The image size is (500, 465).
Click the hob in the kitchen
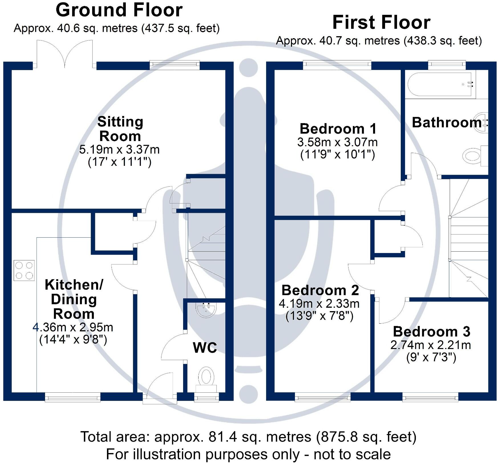click(24, 270)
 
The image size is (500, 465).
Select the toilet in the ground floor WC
click(207, 378)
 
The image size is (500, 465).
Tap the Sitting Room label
click(120, 129)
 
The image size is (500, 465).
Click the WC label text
click(205, 347)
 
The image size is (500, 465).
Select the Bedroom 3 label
click(431, 331)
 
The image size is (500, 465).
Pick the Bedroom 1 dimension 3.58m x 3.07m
click(337, 142)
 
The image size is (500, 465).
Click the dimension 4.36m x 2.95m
click(73, 327)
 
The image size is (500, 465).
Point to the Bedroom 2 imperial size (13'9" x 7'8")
click(319, 316)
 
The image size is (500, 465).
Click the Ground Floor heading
click(119, 10)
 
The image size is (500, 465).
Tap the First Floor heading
click(381, 23)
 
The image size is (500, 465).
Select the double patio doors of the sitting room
click(65, 54)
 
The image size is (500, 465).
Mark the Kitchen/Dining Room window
click(73, 397)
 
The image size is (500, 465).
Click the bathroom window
click(447, 65)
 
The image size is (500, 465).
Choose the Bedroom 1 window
click(337, 65)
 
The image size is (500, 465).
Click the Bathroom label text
click(447, 123)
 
